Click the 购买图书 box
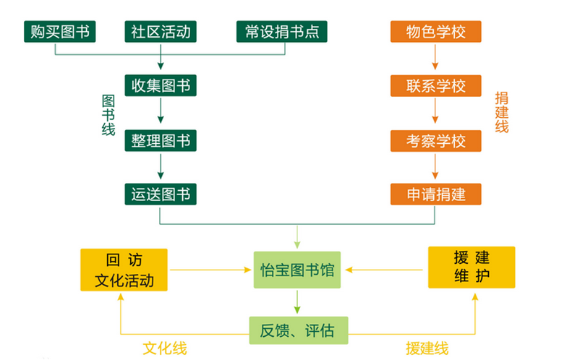(x=60, y=31)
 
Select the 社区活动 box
(x=161, y=31)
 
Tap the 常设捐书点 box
(x=281, y=31)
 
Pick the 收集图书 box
(x=161, y=85)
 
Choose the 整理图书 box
(x=161, y=140)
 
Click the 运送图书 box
(x=161, y=194)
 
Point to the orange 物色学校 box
(x=435, y=32)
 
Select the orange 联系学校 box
(x=435, y=85)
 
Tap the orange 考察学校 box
(x=435, y=140)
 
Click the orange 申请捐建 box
(x=435, y=194)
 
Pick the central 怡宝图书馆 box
(x=297, y=270)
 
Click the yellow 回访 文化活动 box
(x=124, y=270)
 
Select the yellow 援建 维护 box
(x=471, y=267)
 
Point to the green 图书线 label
(x=108, y=113)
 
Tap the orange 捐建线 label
(x=502, y=112)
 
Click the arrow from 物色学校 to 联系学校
(x=435, y=59)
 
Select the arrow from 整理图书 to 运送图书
(x=161, y=166)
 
